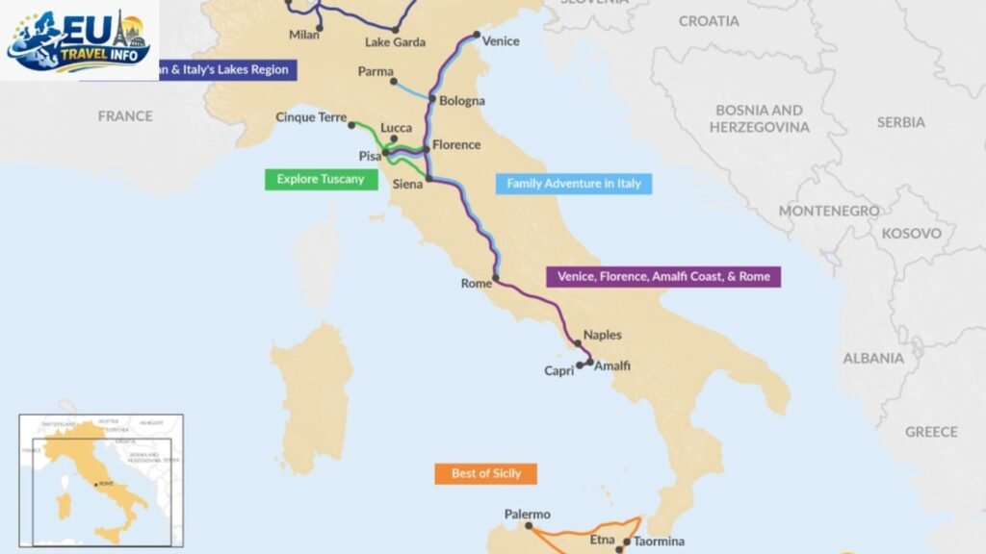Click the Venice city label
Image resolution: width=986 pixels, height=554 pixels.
(x=500, y=41)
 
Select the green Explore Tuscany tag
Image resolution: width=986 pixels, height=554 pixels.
(x=321, y=179)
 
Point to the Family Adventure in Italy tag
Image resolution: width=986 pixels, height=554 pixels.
(x=573, y=184)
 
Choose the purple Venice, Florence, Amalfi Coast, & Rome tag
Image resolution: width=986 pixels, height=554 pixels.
(x=663, y=277)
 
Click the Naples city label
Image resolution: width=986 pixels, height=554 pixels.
(x=602, y=335)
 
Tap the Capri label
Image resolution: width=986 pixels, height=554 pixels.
(x=558, y=371)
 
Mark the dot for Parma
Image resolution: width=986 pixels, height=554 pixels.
(x=394, y=82)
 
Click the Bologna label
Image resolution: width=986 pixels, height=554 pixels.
(x=462, y=101)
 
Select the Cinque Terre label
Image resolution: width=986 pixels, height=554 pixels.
(x=310, y=117)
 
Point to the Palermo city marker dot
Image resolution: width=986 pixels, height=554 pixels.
(x=529, y=527)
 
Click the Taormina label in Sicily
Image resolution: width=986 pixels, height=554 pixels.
(x=659, y=541)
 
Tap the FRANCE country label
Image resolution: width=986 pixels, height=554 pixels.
(x=125, y=115)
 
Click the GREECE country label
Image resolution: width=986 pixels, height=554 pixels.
(x=931, y=432)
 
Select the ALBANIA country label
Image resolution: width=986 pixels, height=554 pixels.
(x=873, y=358)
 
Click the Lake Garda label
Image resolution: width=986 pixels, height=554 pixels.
(x=395, y=42)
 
